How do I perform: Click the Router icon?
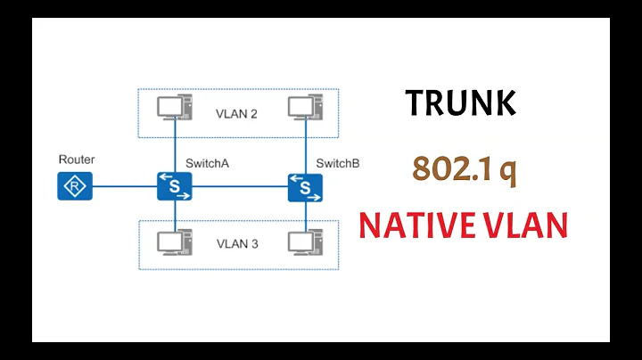pyautogui.click(x=75, y=186)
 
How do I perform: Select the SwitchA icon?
pyautogui.click(x=174, y=186)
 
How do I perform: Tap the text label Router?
pyautogui.click(x=77, y=160)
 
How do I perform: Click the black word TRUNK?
pyautogui.click(x=460, y=103)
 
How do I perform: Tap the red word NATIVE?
pyautogui.click(x=415, y=226)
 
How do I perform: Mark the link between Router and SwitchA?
pyautogui.click(x=124, y=187)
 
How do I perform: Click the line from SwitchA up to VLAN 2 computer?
pyautogui.click(x=174, y=148)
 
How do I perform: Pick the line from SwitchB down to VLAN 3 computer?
pyautogui.click(x=306, y=216)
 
